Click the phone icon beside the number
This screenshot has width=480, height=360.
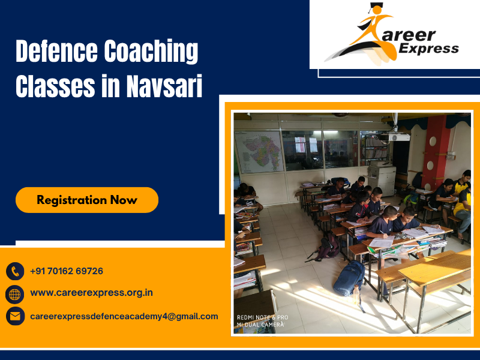pos(15,271)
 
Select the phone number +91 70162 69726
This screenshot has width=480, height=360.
pos(67,271)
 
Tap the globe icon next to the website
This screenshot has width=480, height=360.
pos(15,293)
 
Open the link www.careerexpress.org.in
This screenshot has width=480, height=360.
pos(91,293)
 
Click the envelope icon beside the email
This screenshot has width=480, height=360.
pos(15,316)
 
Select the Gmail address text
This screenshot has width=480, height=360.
pos(124,316)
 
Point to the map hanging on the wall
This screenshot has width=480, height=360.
pos(259,151)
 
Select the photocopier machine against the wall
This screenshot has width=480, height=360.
pos(381,177)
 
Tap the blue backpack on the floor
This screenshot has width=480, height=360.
pos(349,278)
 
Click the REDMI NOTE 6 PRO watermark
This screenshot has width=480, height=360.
pos(262,317)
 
